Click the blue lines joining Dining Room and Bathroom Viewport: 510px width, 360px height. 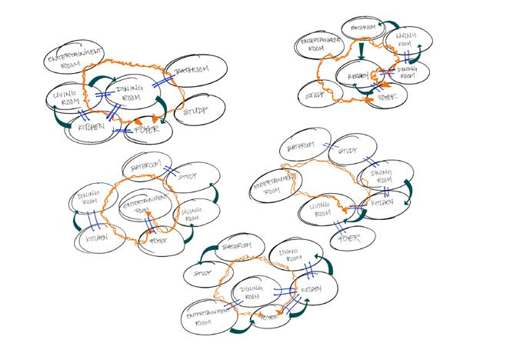[164, 79]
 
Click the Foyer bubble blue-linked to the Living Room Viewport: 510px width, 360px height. [350, 238]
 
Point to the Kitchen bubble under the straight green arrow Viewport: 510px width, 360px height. [356, 78]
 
